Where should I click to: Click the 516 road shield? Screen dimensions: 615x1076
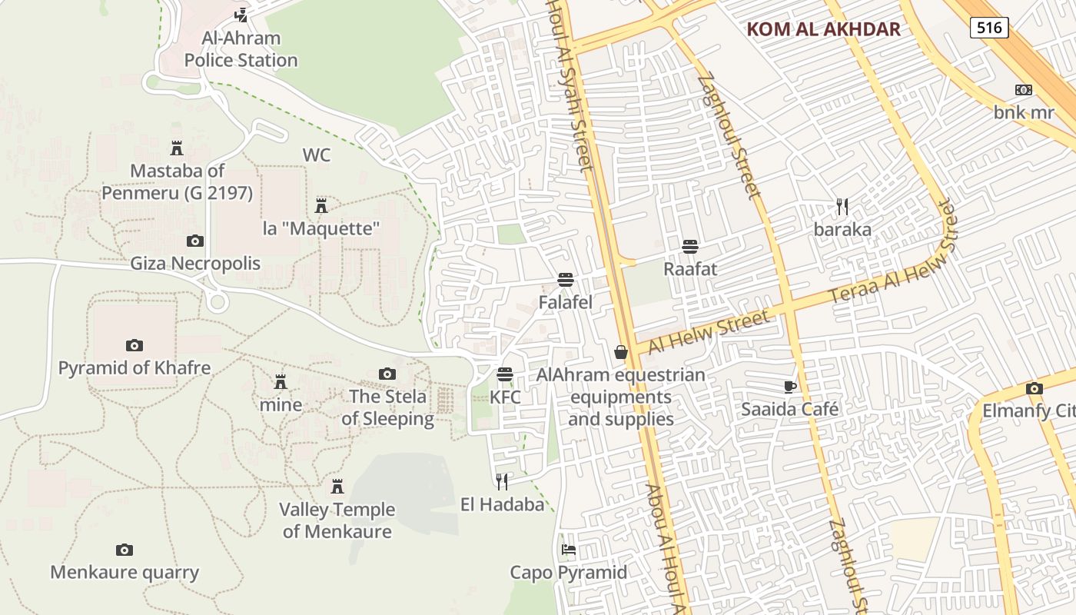pyautogui.click(x=989, y=28)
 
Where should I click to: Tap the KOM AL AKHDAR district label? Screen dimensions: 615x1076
pyautogui.click(x=823, y=30)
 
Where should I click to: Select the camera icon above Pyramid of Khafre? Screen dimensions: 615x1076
pyautogui.click(x=134, y=345)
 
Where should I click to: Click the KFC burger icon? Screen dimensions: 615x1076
pyautogui.click(x=505, y=374)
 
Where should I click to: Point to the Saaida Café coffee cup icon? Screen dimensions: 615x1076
pyautogui.click(x=789, y=386)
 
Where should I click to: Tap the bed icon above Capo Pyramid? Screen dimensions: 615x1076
pyautogui.click(x=569, y=550)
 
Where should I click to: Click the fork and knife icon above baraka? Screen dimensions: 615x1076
pyautogui.click(x=842, y=206)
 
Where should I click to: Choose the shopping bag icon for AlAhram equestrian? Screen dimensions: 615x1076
pyautogui.click(x=621, y=352)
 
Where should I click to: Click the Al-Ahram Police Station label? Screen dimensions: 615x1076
pyautogui.click(x=241, y=49)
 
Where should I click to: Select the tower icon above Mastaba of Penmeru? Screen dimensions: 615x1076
pyautogui.click(x=177, y=148)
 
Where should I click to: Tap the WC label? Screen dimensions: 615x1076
pyautogui.click(x=316, y=155)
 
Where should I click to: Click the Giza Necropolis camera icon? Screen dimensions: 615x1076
pyautogui.click(x=195, y=241)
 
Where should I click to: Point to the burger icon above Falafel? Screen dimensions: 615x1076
pyautogui.click(x=566, y=279)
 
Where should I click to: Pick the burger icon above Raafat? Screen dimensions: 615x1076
pyautogui.click(x=690, y=246)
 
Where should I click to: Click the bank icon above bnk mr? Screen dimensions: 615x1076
pyautogui.click(x=1024, y=90)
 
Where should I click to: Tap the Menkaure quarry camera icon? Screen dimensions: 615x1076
pyautogui.click(x=125, y=550)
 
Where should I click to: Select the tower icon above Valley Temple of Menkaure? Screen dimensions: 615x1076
pyautogui.click(x=337, y=486)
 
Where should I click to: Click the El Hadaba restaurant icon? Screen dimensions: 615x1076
pyautogui.click(x=502, y=481)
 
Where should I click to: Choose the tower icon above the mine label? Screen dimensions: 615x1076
pyautogui.click(x=281, y=381)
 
